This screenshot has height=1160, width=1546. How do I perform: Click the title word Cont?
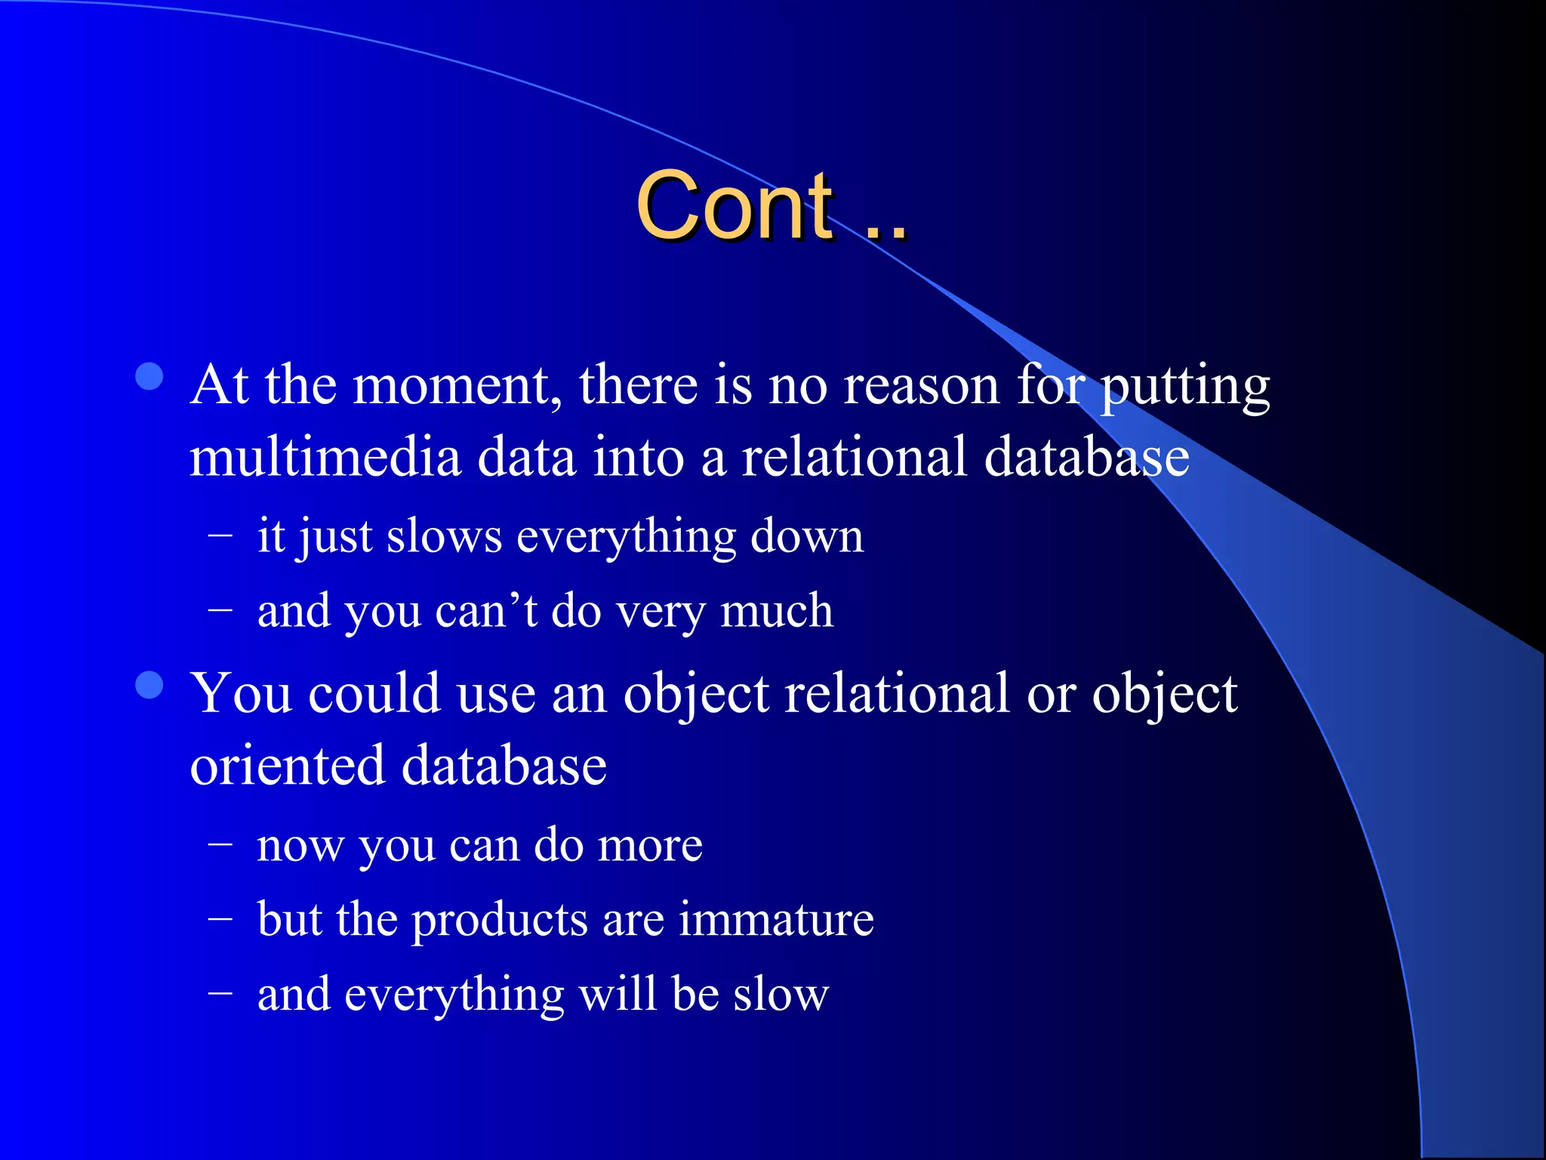[x=735, y=205]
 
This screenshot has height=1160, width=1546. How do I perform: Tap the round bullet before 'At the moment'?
[x=149, y=377]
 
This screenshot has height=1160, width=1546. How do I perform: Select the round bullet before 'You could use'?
[x=149, y=685]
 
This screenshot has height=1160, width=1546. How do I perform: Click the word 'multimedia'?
[x=325, y=458]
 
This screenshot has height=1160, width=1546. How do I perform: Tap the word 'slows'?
[x=444, y=537]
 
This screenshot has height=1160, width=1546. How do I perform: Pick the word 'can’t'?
[x=486, y=611]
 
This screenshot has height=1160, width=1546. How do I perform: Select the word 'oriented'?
[x=288, y=766]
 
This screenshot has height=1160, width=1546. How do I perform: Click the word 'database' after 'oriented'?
[x=504, y=766]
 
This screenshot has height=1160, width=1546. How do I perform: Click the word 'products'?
[x=499, y=921]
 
